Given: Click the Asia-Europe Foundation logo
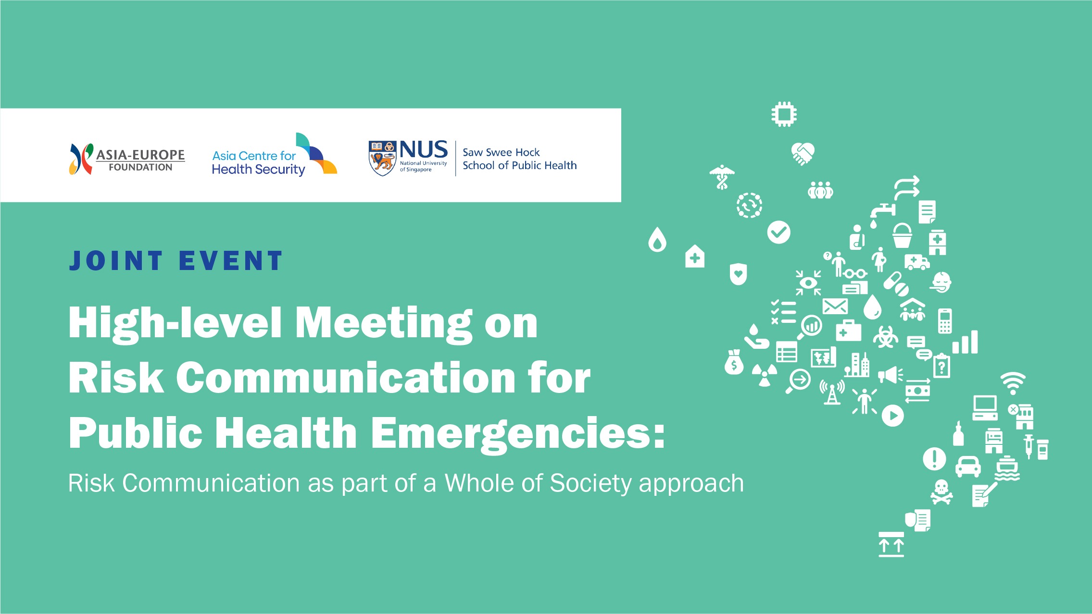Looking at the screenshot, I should (127, 160).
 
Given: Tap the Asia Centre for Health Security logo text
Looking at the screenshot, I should (258, 162).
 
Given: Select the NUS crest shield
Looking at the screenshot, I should (382, 158).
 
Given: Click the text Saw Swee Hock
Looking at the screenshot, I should (501, 152).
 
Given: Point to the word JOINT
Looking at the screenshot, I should (115, 261).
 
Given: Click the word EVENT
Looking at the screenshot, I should (230, 261).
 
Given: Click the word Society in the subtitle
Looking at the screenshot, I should (590, 483).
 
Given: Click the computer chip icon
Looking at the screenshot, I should (784, 114).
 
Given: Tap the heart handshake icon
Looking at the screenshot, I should (803, 153).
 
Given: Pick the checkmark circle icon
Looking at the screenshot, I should (778, 233).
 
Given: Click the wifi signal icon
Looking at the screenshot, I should (1013, 383).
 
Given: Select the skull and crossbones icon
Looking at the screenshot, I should (941, 491).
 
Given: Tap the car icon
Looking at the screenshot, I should (968, 466).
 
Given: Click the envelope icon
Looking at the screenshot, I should (835, 306).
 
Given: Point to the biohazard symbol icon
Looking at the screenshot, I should (885, 337).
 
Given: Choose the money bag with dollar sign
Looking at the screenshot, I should (734, 363).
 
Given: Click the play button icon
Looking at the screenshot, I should (892, 416).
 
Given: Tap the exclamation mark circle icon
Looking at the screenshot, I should (934, 458).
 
